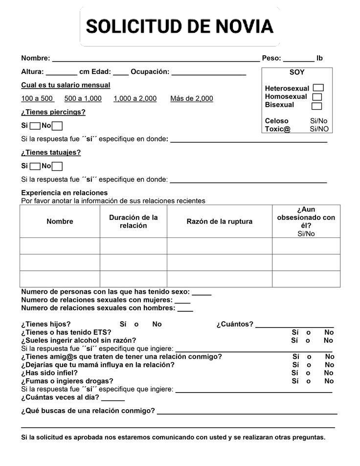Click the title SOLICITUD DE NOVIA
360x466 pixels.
point(180,26)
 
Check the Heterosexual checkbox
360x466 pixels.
point(318,88)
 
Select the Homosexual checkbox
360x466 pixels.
point(316,97)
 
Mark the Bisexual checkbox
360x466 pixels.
point(316,106)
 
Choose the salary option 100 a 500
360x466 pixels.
point(37,98)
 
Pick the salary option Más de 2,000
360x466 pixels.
point(191,98)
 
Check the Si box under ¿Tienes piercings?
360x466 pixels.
point(35,126)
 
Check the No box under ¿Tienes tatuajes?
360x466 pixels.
point(57,166)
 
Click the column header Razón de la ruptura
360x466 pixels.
point(219,221)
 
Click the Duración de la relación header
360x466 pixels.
point(133,221)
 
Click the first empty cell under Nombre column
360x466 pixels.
point(60,246)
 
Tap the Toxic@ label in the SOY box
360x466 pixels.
point(277,129)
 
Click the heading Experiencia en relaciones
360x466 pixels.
point(64,192)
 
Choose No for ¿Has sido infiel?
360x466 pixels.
point(329,373)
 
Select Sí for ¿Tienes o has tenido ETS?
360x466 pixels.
point(295,332)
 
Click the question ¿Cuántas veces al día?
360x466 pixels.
point(60,397)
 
